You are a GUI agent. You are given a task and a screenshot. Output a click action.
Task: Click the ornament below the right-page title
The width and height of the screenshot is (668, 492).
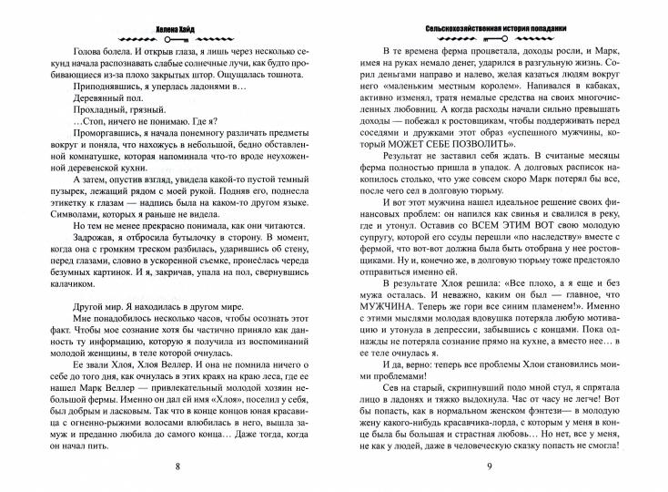[500, 23]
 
